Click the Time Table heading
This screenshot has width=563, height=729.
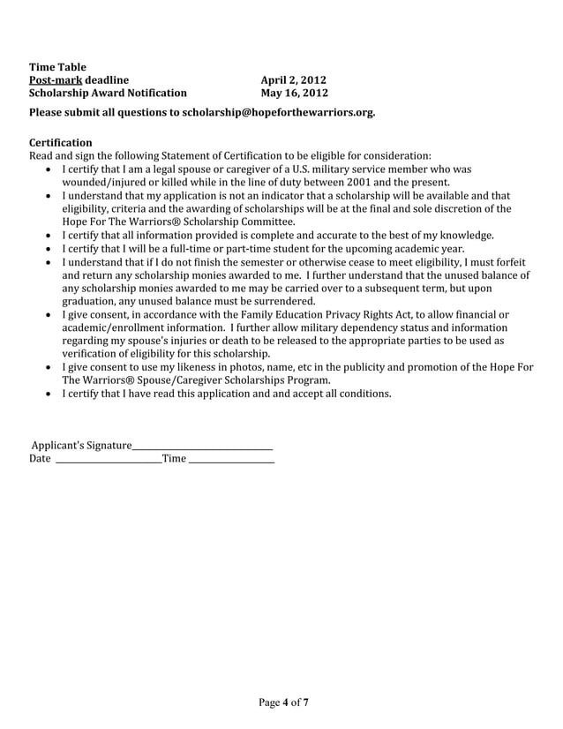pyautogui.click(x=51, y=66)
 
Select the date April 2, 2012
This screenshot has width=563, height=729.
pyautogui.click(x=294, y=79)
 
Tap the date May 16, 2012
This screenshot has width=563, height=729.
pyautogui.click(x=295, y=93)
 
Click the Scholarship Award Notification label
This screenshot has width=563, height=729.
pyautogui.click(x=108, y=93)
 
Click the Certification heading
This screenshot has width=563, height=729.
pyautogui.click(x=60, y=142)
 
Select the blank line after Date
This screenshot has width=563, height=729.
pyautogui.click(x=109, y=459)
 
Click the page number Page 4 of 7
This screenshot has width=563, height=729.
pyautogui.click(x=283, y=703)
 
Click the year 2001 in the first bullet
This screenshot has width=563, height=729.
pyautogui.click(x=362, y=182)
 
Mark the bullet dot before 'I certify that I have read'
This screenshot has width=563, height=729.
pyautogui.click(x=47, y=395)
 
